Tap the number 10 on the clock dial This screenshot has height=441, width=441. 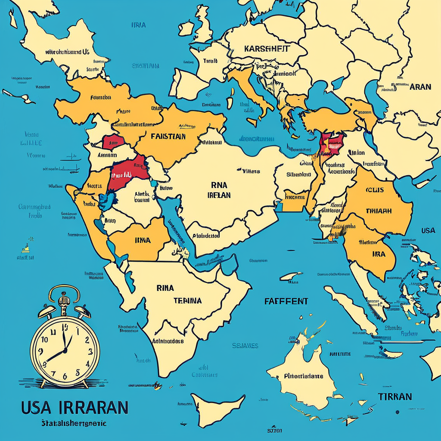44,339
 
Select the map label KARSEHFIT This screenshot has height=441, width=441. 267,48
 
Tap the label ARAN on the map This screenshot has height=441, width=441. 420,87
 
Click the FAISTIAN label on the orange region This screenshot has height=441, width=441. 168,137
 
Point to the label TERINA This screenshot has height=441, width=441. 187,301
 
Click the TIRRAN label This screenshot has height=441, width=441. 394,396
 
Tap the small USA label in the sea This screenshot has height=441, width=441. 428,230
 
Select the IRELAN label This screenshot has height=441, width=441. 219,195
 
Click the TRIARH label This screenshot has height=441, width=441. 379,211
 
